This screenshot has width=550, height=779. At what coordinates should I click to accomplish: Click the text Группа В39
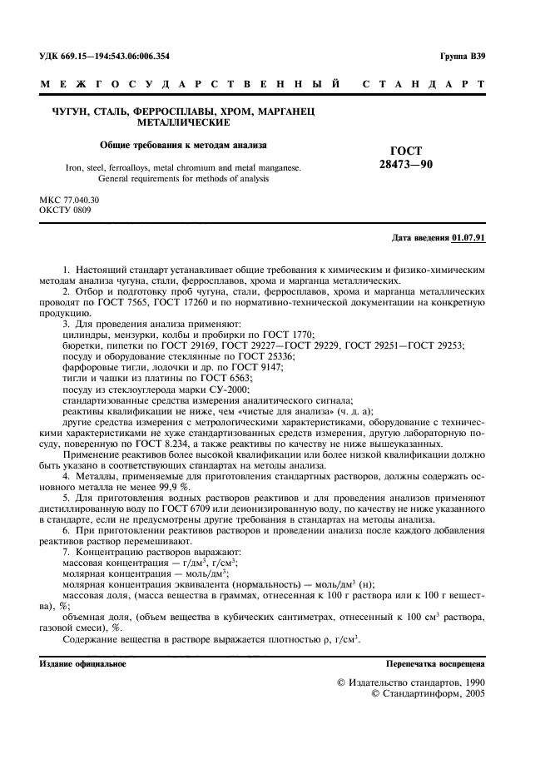pos(462,57)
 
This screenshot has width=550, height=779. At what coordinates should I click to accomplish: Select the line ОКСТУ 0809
pos(65,211)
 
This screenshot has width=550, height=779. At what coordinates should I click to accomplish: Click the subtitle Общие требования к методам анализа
pos(183,144)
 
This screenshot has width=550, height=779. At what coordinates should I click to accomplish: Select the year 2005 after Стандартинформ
pos(474,692)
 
